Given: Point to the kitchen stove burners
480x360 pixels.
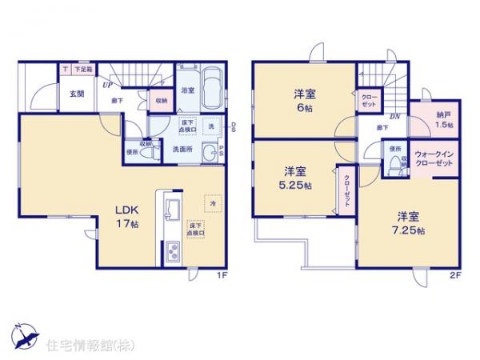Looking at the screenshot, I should click(x=174, y=254).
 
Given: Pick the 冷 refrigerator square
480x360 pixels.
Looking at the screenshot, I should click(x=212, y=203).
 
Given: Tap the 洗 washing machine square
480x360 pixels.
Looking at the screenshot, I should click(x=212, y=127).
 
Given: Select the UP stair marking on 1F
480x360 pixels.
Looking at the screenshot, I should click(x=106, y=83).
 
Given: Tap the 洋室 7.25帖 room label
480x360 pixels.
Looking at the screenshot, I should click(x=408, y=222).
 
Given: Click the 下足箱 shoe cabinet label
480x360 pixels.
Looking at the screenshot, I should click(x=84, y=70).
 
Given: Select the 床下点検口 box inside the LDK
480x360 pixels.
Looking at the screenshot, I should click(x=196, y=228).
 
